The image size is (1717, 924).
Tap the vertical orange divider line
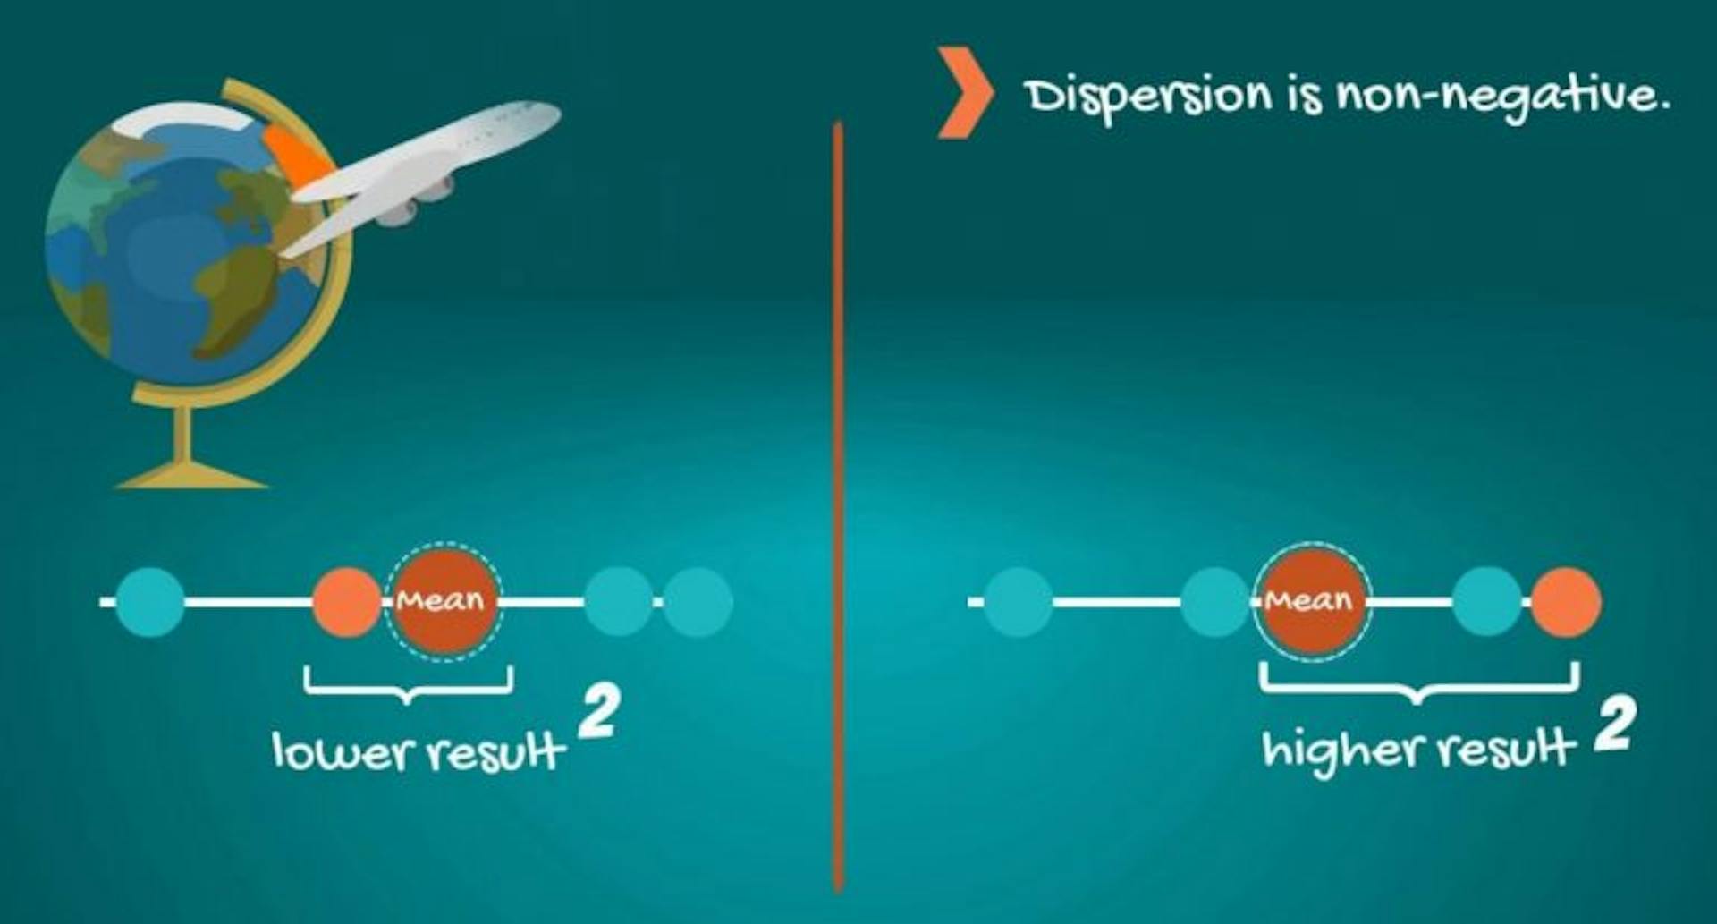[838, 506]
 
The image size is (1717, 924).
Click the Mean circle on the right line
[1311, 601]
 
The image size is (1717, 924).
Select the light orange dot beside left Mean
[347, 602]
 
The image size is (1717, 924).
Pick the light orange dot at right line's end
[1566, 602]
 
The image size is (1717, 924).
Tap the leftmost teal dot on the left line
[151, 602]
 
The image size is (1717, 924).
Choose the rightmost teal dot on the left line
[698, 602]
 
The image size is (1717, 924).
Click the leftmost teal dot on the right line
[1019, 602]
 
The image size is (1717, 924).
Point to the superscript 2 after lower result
[598, 713]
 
